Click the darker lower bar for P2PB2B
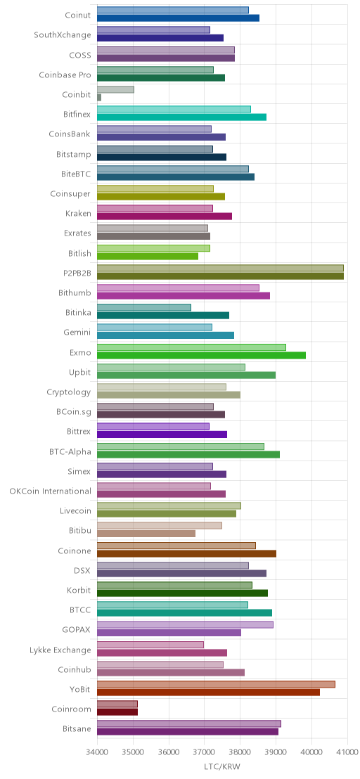click(220, 276)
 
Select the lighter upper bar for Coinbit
click(115, 89)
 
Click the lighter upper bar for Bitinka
click(144, 307)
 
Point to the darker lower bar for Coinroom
click(117, 712)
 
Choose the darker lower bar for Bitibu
click(146, 534)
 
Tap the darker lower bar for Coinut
click(178, 18)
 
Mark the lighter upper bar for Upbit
click(171, 367)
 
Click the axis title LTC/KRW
click(222, 766)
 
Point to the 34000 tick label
click(97, 753)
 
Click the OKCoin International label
click(50, 491)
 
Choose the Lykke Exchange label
click(60, 650)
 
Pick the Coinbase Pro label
click(65, 75)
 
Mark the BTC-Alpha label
click(70, 451)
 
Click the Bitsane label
click(77, 729)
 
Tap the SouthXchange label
click(63, 34)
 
